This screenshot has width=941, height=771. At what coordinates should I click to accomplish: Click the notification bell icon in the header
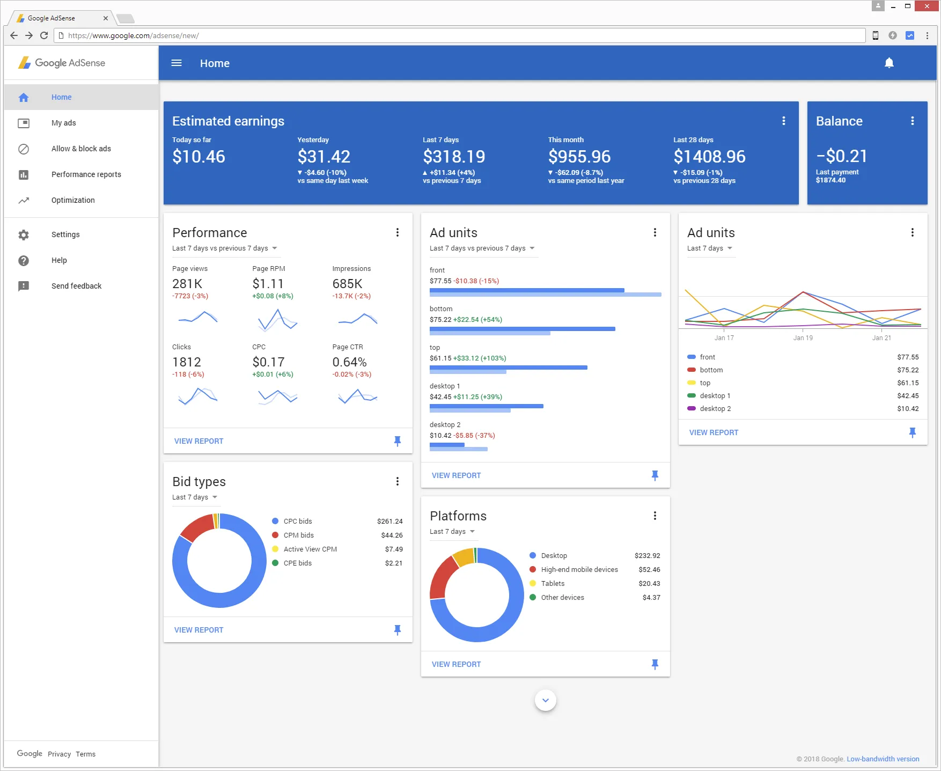pos(889,63)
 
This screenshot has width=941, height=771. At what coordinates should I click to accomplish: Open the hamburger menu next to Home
pos(177,63)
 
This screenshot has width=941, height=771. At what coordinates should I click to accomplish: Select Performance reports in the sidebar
pos(86,174)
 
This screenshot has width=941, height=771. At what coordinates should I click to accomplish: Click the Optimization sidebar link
pos(73,200)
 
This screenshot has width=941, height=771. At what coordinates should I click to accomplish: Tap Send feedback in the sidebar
pos(76,286)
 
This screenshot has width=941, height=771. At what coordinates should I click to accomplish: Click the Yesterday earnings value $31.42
pos(324,157)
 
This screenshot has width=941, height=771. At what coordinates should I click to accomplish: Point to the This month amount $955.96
pos(579,157)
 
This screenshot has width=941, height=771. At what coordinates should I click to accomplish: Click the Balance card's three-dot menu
pos(912,121)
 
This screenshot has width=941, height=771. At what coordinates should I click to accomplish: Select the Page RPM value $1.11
pos(268,284)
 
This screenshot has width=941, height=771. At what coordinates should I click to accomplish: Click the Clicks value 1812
pos(187,362)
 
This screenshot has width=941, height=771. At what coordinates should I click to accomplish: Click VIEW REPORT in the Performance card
pos(199,441)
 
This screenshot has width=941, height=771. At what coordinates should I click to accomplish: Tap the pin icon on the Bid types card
pos(397,630)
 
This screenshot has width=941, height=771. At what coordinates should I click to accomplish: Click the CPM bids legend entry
pos(299,535)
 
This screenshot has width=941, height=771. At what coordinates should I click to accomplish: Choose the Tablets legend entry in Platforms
pos(553,583)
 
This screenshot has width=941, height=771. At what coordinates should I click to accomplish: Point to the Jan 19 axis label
pos(803,338)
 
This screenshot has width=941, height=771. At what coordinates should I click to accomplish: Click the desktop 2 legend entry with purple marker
pos(715,409)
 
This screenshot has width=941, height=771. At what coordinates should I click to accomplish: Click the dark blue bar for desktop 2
pos(447,445)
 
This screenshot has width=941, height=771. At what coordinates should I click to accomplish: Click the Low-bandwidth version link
pos(883,759)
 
